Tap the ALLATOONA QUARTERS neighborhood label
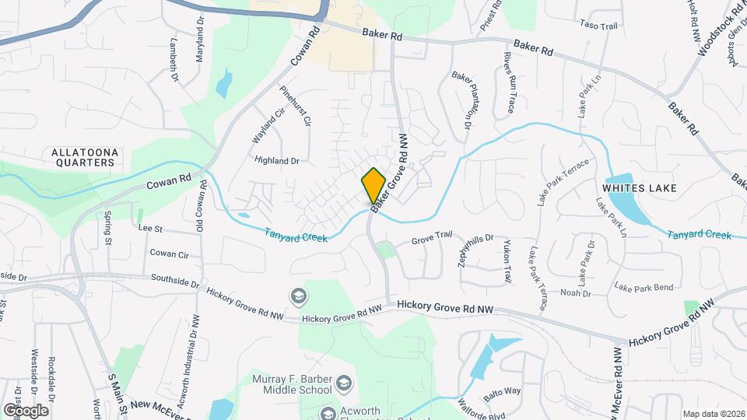point(83,156)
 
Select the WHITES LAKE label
point(640,188)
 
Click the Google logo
point(26,410)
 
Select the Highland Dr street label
point(277,160)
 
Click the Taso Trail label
point(598,26)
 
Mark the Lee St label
point(149,229)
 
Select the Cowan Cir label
point(170,254)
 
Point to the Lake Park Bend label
point(644,288)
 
